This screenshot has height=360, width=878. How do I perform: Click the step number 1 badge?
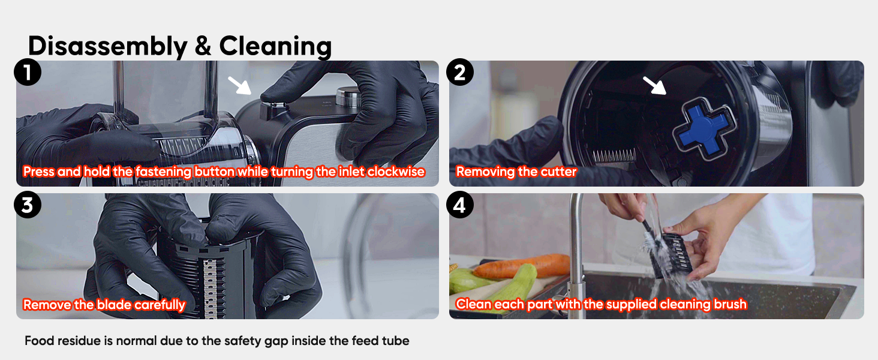coord(28,72)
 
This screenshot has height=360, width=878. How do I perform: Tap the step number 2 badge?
coord(460,72)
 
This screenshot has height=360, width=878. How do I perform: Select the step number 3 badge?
coord(28,205)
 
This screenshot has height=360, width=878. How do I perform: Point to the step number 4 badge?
coord(460,205)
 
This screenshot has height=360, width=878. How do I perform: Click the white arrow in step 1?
coord(239,85)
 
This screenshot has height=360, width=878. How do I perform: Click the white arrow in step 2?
coord(654,85)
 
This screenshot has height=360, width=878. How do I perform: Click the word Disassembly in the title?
coord(108,47)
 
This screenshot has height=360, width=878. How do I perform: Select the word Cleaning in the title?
coord(275,47)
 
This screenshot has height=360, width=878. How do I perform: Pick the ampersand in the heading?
coord(203,46)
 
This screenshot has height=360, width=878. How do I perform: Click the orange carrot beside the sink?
coord(521,265)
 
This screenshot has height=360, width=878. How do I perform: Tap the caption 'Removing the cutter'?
coord(516,172)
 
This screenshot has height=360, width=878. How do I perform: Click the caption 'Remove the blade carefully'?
coord(104,305)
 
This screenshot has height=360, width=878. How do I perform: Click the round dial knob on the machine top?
coord(348,97)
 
